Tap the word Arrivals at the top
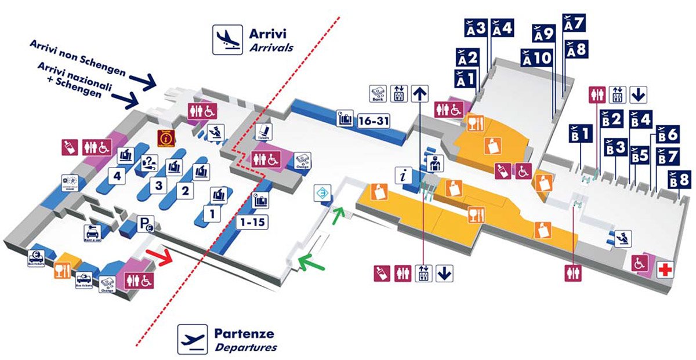(x=271, y=48)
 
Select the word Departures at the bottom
(x=245, y=348)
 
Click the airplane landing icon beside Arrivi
(x=227, y=39)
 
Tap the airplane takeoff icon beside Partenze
(x=193, y=339)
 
